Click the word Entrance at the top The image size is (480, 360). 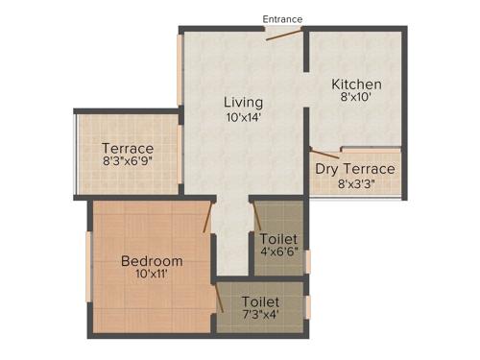283,18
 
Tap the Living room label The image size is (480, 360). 244,103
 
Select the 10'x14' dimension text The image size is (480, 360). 244,117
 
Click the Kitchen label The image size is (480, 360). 357,84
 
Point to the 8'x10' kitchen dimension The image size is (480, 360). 357,97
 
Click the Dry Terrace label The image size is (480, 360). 355,170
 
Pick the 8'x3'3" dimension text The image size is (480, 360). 355,184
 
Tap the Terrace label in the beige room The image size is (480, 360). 128,149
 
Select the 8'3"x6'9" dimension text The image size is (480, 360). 128,163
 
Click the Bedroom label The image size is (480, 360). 152,260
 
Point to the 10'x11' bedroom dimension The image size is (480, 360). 152,274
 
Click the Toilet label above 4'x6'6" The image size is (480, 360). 278,238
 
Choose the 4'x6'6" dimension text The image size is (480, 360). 278,252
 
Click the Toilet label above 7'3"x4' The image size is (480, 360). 260,300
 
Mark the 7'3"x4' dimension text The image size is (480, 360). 260,314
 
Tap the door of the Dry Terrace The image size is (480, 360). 324,151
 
